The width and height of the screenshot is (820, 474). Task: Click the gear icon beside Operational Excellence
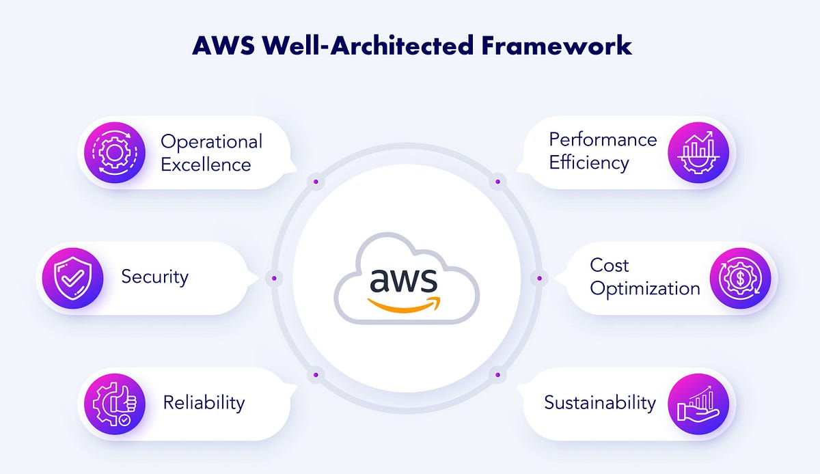[113, 152]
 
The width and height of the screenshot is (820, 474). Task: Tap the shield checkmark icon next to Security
[72, 277]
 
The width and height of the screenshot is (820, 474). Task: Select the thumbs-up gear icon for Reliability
[113, 403]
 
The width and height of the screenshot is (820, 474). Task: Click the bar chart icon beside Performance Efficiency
[698, 152]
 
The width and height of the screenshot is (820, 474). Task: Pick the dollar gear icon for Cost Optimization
[740, 277]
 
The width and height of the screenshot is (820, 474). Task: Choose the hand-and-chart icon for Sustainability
[698, 403]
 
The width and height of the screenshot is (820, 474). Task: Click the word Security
[154, 277]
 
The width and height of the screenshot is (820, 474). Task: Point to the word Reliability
[204, 402]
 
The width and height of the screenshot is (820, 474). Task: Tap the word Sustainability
[600, 402]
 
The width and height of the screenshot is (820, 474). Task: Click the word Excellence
[206, 165]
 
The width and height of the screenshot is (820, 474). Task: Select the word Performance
[603, 139]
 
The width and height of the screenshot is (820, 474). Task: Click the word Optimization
[645, 289]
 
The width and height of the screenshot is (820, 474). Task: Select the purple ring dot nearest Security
[274, 278]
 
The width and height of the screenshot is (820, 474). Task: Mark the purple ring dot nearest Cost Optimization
[539, 278]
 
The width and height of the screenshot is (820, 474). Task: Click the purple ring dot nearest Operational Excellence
[316, 182]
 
